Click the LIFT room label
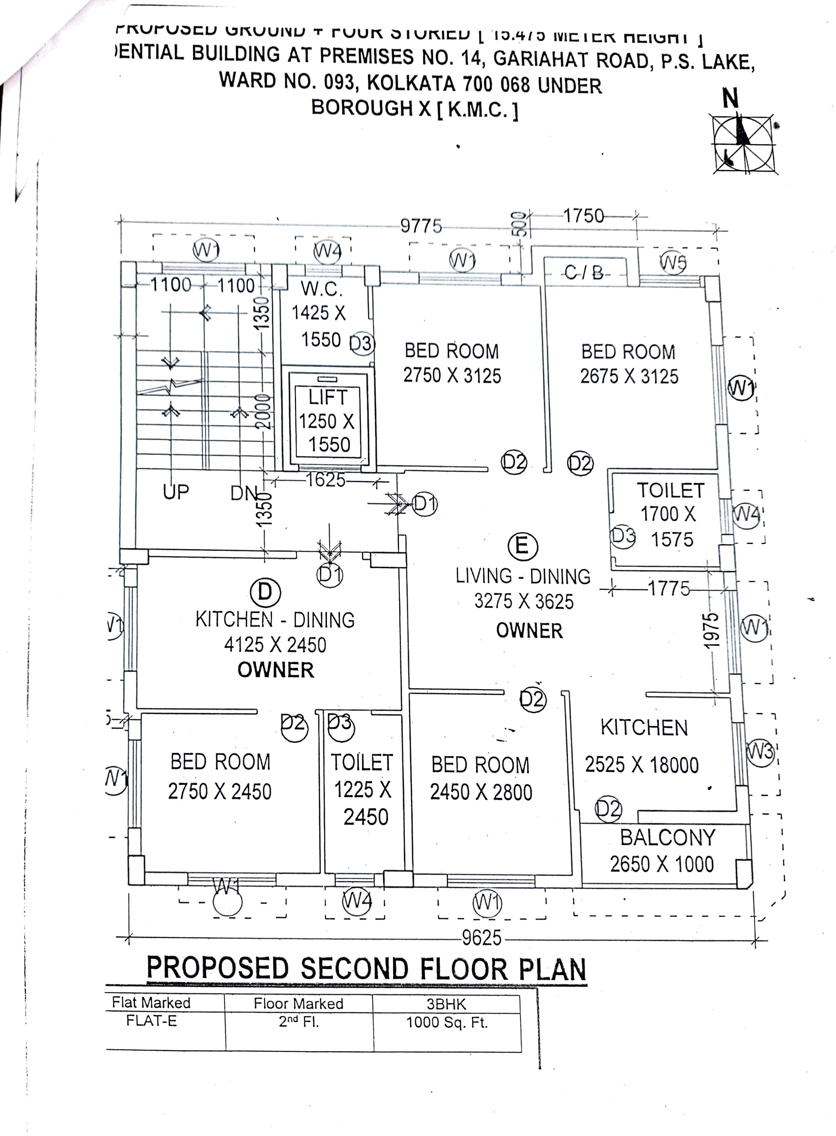pyautogui.click(x=328, y=398)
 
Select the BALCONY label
pyautogui.click(x=667, y=838)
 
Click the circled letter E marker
pyautogui.click(x=522, y=547)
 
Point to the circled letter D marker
pyautogui.click(x=265, y=592)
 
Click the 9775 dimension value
pyautogui.click(x=421, y=226)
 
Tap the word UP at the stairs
pyautogui.click(x=176, y=491)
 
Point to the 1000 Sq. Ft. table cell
pyautogui.click(x=447, y=1023)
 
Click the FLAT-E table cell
pyautogui.click(x=151, y=1021)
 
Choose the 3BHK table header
pyautogui.click(x=446, y=1004)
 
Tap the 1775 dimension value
pyautogui.click(x=668, y=589)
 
